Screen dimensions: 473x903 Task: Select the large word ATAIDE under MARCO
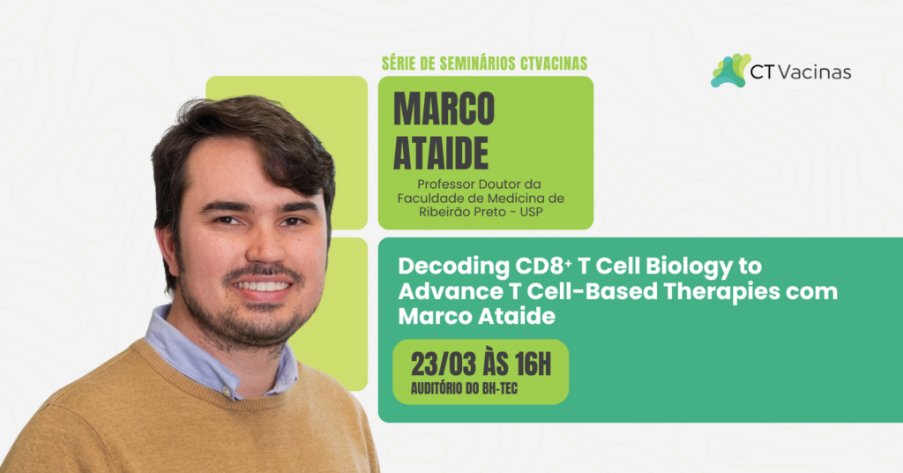pos(441,151)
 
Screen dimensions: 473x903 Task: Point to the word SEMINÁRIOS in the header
pos(477,64)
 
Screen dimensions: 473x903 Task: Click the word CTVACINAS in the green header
pos(549,64)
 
